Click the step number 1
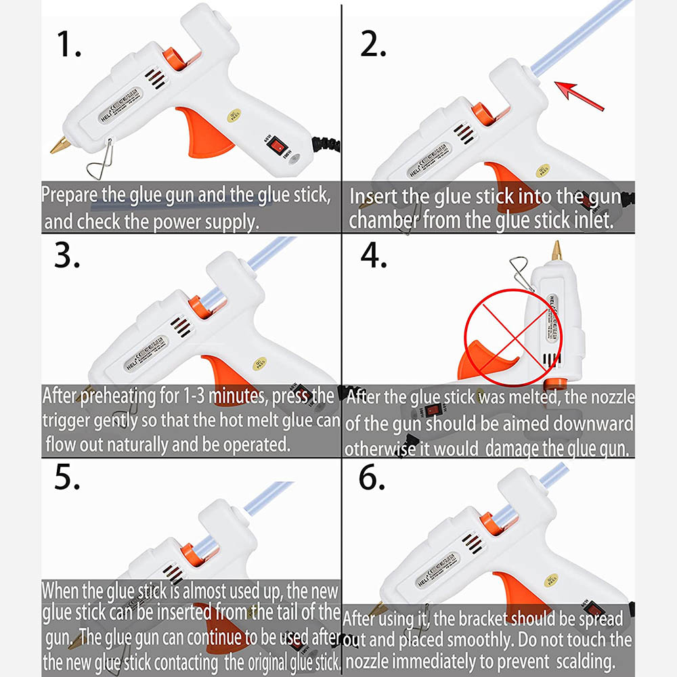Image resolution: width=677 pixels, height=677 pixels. tap(68, 44)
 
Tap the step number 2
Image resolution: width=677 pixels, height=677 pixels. tap(373, 44)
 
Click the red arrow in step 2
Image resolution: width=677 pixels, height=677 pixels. tap(579, 96)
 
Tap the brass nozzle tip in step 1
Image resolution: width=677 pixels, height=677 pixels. tap(60, 145)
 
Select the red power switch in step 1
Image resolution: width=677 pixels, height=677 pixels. tap(277, 146)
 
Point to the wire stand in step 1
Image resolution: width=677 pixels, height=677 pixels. tap(101, 160)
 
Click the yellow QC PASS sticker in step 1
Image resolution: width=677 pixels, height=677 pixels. tap(234, 115)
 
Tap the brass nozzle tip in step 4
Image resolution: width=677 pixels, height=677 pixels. tap(556, 251)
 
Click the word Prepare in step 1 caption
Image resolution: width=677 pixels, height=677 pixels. tap(69, 195)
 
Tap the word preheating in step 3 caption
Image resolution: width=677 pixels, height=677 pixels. tap(118, 396)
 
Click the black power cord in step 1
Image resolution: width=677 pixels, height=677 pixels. tap(326, 145)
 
